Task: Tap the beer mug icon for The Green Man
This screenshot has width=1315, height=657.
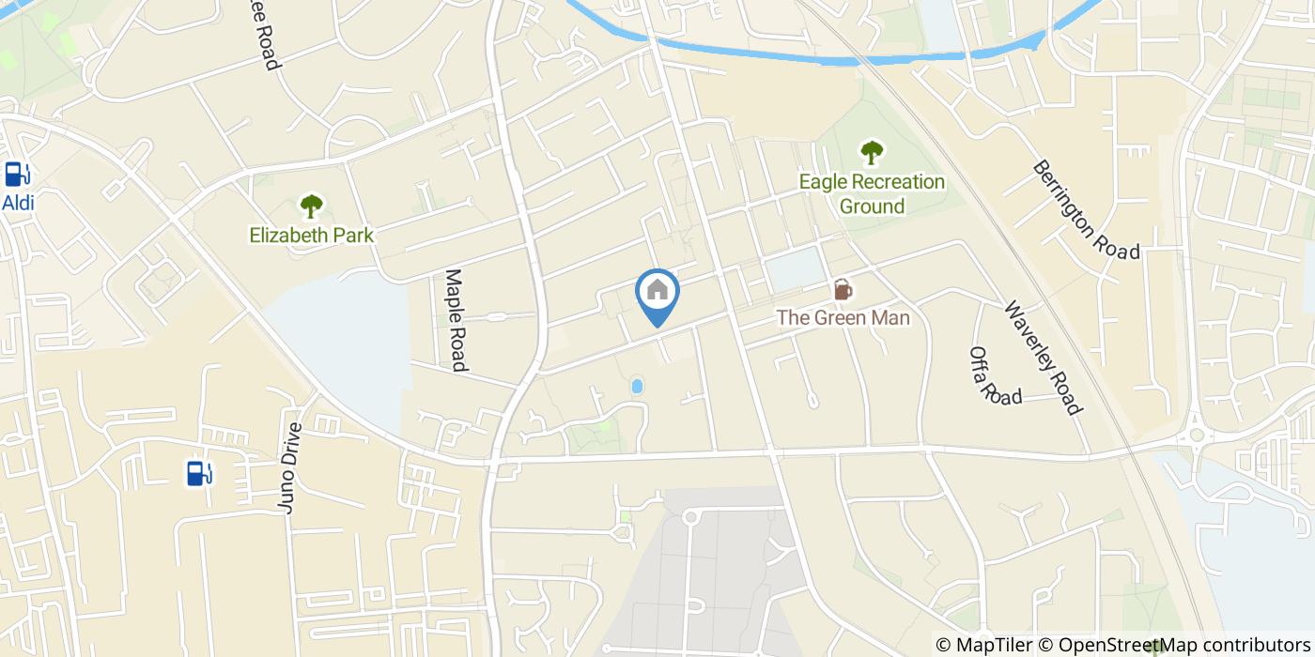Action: (843, 290)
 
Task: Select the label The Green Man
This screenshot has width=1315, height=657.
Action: (843, 318)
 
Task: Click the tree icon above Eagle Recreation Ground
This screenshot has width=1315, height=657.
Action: (872, 151)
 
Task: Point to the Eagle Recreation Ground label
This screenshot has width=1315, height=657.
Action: (872, 194)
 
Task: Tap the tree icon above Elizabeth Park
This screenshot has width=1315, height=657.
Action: (311, 206)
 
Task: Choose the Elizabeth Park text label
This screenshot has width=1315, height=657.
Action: (311, 235)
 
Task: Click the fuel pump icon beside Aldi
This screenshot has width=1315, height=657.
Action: (16, 175)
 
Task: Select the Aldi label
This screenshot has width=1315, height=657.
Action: (18, 204)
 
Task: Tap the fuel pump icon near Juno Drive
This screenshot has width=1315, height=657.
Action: (199, 473)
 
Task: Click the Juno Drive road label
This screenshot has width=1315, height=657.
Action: (292, 467)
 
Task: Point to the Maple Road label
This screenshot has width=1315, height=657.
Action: (456, 320)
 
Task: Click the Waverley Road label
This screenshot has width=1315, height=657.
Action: (1043, 357)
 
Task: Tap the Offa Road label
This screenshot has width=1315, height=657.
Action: (994, 375)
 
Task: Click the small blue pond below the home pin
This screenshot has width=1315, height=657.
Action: (637, 386)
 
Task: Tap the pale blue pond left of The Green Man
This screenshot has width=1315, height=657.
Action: (795, 269)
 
